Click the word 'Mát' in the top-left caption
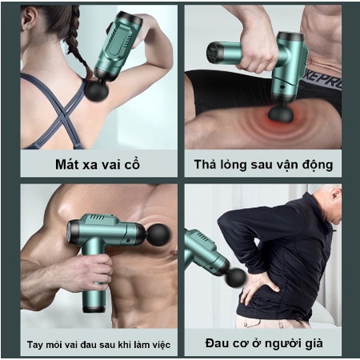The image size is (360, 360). pyautogui.click(x=67, y=164)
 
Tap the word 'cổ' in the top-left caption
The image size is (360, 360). pyautogui.click(x=132, y=163)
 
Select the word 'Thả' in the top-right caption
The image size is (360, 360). pyautogui.click(x=205, y=164)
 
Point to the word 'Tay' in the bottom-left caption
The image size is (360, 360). pyautogui.click(x=35, y=345)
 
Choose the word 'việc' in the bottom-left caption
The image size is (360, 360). pyautogui.click(x=162, y=344)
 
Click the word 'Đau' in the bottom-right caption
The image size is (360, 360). pyautogui.click(x=216, y=343)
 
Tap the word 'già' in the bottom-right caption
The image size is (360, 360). pyautogui.click(x=314, y=344)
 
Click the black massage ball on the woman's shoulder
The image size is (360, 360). pyautogui.click(x=97, y=90)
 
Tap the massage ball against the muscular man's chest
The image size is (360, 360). pyautogui.click(x=158, y=234)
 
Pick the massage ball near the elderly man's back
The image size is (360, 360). pyautogui.click(x=236, y=278)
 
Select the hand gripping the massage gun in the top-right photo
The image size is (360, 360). pyautogui.click(x=255, y=54)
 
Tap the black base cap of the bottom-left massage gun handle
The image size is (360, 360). pyautogui.click(x=94, y=310)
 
